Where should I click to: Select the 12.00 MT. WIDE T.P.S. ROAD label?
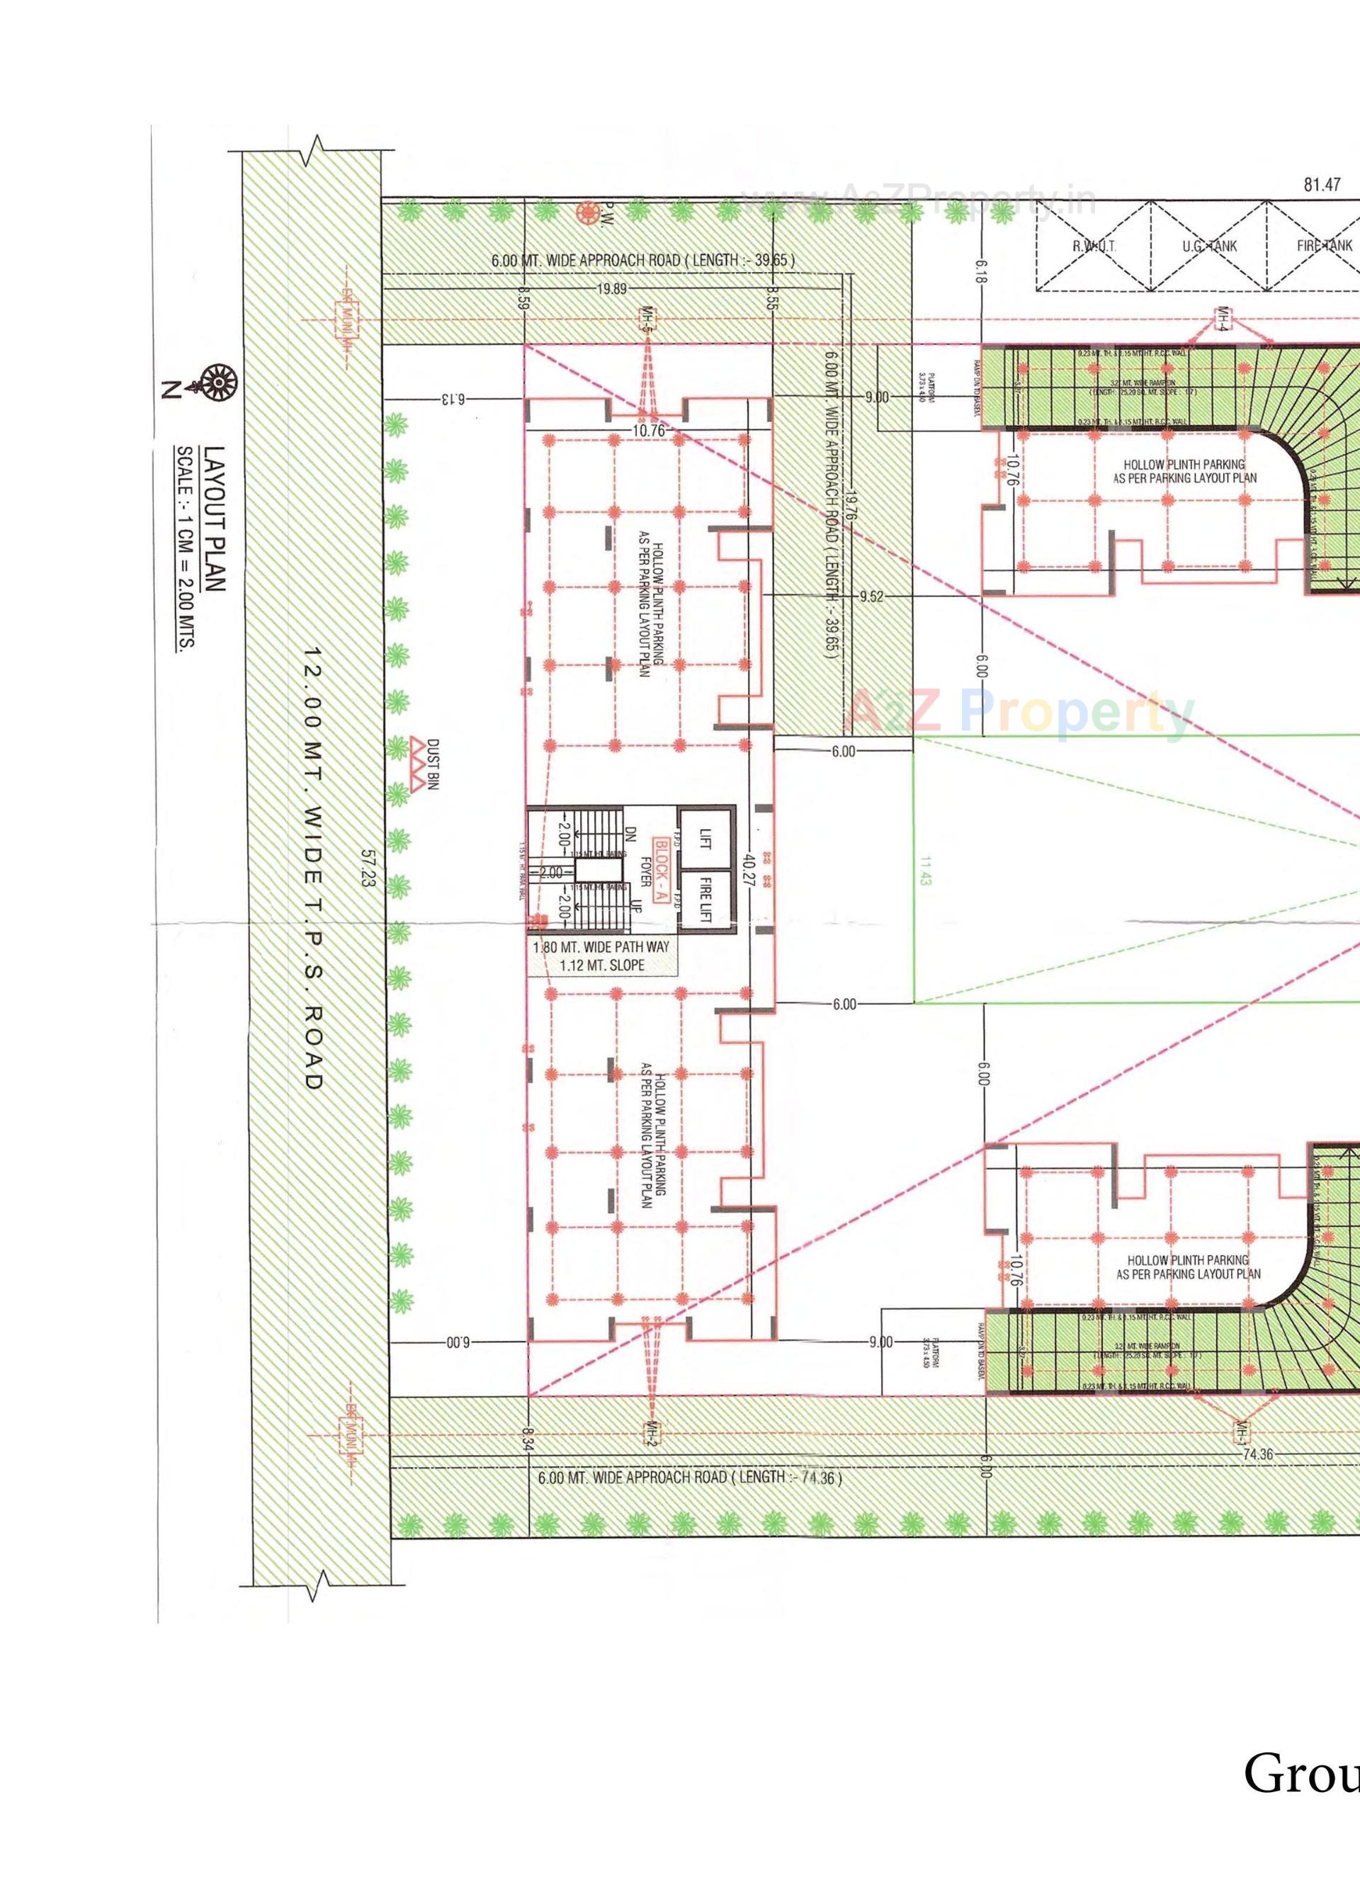pos(312,868)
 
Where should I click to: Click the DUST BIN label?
pos(432,764)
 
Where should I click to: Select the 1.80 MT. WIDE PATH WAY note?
pos(601,947)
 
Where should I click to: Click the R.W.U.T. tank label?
pos(1094,246)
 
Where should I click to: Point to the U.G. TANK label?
pos(1209,246)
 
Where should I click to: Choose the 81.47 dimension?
pos(1322,184)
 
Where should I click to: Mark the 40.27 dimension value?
pos(750,868)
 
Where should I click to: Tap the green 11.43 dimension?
pos(925,868)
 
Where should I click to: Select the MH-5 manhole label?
pos(645,319)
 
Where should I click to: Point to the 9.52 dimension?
pos(871,596)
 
